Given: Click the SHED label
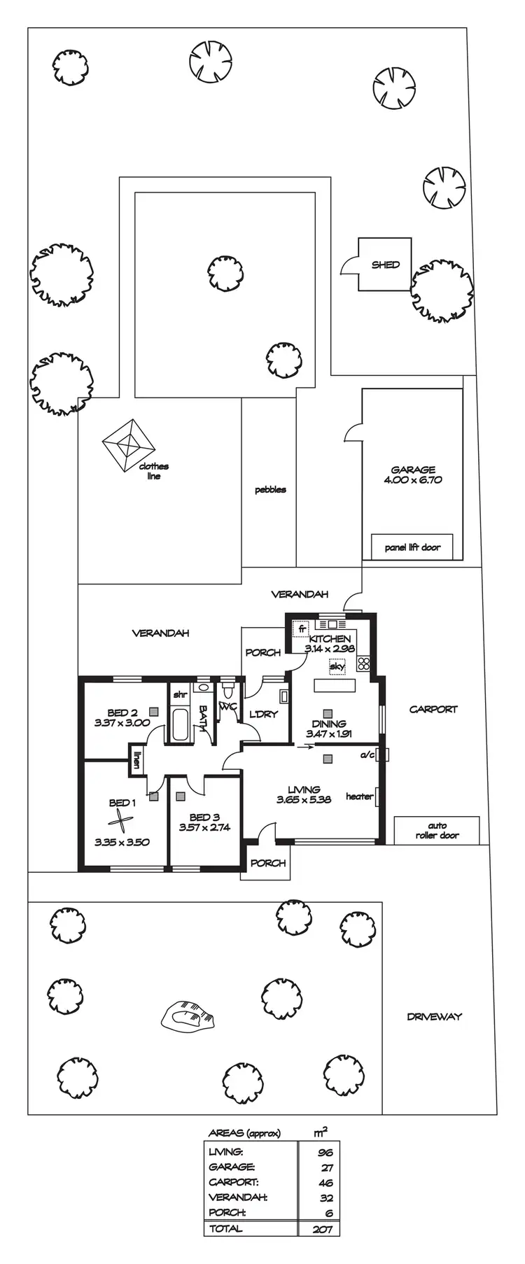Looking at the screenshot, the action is tap(386, 265).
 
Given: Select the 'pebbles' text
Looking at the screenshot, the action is tap(270, 490).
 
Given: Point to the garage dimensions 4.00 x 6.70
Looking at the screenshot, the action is tap(413, 480).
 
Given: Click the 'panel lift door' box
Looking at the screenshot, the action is tap(412, 547).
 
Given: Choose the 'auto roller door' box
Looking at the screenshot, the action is tap(437, 830).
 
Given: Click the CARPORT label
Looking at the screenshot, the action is tap(433, 709).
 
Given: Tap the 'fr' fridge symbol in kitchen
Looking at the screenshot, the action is tap(302, 628).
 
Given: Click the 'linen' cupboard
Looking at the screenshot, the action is tap(136, 759).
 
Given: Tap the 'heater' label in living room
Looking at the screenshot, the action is tap(360, 796).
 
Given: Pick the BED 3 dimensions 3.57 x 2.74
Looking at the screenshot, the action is tap(204, 827).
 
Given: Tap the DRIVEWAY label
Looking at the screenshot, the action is tap(435, 1017).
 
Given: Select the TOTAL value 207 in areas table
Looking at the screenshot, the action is tap(323, 1229).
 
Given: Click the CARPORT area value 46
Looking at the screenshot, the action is tap(325, 1183).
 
